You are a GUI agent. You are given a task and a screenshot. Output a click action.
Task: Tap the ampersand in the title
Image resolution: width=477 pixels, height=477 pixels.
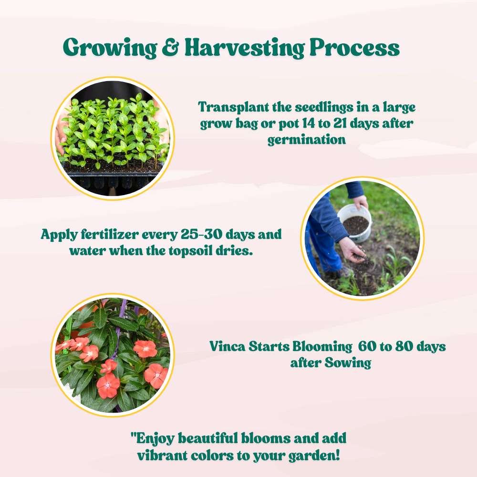(x=170, y=48)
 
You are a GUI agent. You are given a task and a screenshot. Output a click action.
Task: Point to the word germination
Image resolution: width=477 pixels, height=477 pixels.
(x=306, y=140)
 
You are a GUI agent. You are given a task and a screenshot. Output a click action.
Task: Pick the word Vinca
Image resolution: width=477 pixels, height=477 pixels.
(x=227, y=346)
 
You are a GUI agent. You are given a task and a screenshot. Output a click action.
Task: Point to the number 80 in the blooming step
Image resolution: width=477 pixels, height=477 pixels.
(x=404, y=346)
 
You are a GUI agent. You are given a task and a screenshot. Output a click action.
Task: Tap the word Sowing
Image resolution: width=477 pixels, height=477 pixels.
(x=348, y=363)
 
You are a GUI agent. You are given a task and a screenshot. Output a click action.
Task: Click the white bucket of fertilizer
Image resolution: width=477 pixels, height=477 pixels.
(x=355, y=222)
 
